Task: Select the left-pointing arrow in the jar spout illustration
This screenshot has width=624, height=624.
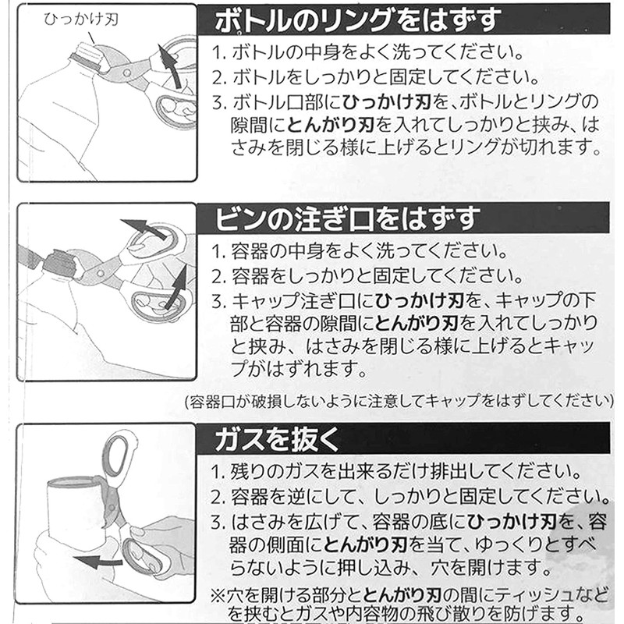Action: point(144,229)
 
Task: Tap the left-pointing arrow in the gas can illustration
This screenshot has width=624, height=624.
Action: point(101,561)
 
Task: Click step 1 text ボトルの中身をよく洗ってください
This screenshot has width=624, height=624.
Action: point(367,54)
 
